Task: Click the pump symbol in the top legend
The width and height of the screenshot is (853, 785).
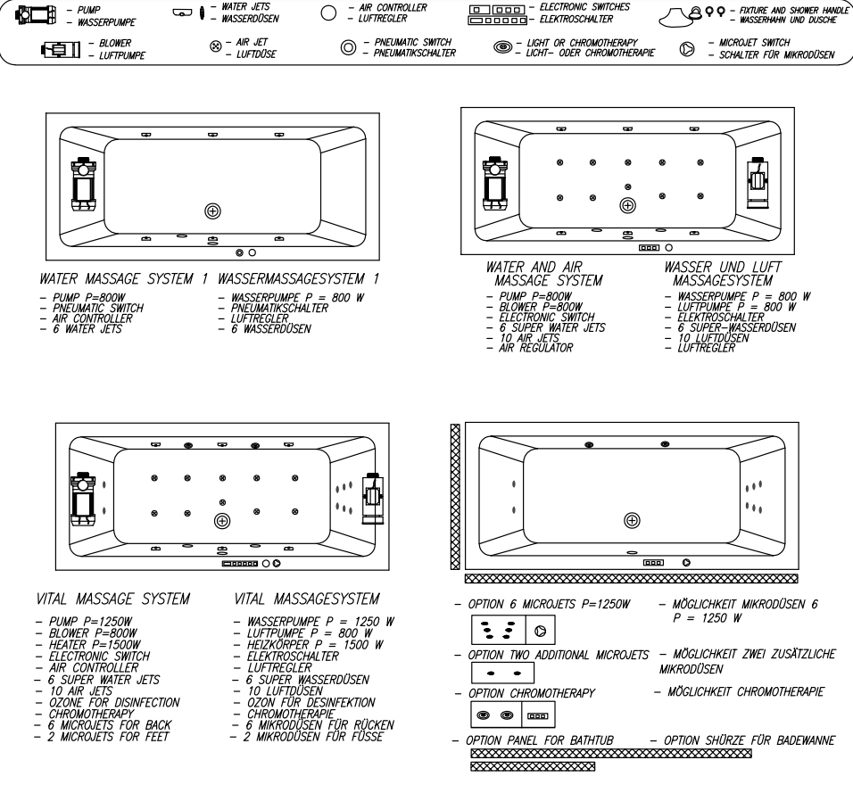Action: [x=36, y=14]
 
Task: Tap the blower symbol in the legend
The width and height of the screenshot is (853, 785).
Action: [x=61, y=49]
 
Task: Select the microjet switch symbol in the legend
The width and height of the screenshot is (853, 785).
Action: [x=687, y=49]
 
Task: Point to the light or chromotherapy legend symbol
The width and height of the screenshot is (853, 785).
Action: [x=502, y=47]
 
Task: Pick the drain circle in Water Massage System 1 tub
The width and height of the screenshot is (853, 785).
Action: [x=212, y=211]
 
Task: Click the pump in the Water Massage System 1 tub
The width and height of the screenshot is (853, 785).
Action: [x=84, y=185]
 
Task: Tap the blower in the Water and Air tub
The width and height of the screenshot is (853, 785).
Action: [x=758, y=182]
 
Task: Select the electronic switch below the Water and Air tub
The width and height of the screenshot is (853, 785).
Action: [x=649, y=247]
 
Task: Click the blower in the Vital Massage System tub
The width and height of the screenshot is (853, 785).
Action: [x=373, y=498]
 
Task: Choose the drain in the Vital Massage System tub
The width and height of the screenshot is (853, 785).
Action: [x=222, y=521]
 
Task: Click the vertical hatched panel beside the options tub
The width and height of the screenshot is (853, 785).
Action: [x=455, y=497]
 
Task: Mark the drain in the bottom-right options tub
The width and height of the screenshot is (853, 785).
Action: [x=632, y=520]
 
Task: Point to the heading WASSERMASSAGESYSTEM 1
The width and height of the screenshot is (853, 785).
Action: [x=298, y=279]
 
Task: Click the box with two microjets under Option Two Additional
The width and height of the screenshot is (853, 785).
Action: [x=502, y=673]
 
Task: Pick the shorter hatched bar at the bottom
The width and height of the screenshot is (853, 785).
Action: [x=533, y=766]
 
